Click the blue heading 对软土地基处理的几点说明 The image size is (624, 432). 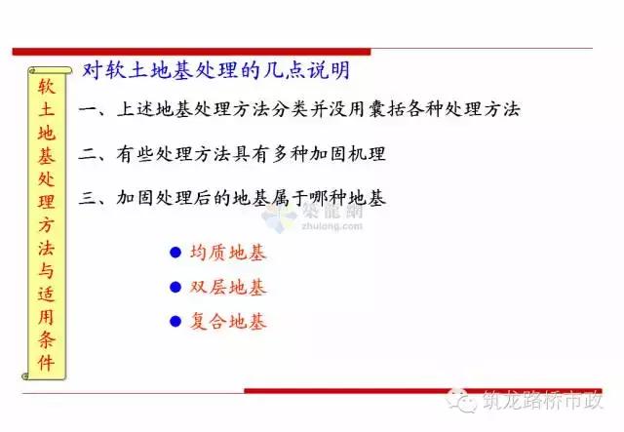[216, 70]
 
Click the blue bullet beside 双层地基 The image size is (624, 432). [175, 288]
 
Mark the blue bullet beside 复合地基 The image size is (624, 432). [175, 322]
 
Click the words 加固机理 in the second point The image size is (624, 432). [348, 154]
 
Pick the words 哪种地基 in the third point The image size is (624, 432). [348, 198]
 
